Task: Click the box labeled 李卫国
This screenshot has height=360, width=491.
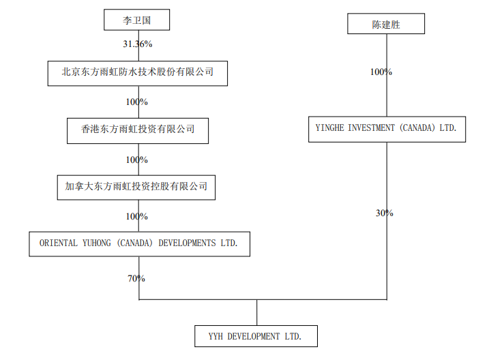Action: tap(136, 20)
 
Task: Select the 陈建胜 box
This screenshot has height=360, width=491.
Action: tap(386, 25)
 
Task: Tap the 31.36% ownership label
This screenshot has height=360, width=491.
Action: tap(137, 44)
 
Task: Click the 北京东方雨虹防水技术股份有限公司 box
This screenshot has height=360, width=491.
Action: tap(137, 72)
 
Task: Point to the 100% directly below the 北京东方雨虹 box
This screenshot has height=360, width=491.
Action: tap(136, 102)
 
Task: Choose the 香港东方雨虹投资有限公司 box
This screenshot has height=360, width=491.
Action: tap(137, 129)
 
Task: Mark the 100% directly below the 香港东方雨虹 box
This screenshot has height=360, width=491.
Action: tap(136, 160)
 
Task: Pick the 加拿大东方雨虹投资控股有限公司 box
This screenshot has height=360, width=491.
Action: tap(136, 186)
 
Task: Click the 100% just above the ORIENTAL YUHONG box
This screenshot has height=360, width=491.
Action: tap(136, 216)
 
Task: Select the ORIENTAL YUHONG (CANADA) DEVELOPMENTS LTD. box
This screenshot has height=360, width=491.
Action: tap(139, 243)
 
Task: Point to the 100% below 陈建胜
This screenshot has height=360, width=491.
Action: tap(381, 72)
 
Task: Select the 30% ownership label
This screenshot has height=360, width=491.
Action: tap(384, 213)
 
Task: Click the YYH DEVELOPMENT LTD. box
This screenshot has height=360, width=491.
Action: tap(254, 336)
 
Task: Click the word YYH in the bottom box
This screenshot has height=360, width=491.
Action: tap(217, 336)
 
